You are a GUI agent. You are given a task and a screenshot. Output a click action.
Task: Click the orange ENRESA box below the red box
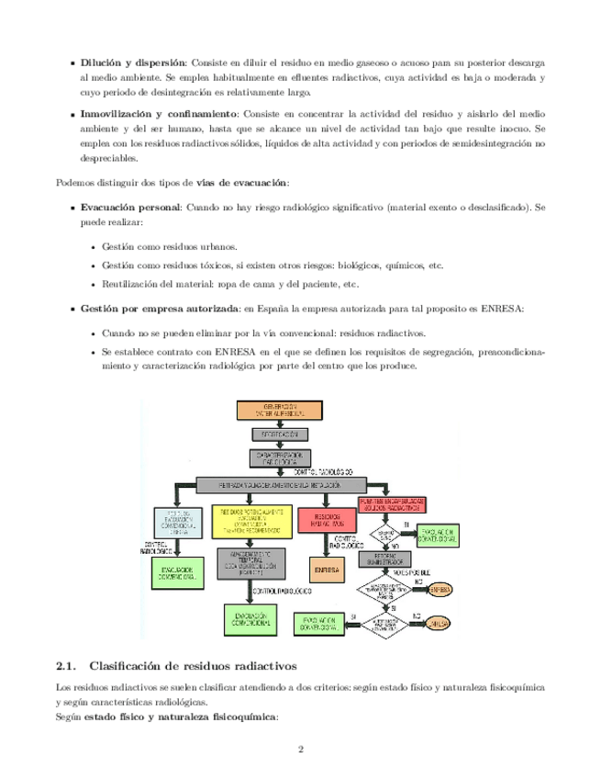tap(328, 570)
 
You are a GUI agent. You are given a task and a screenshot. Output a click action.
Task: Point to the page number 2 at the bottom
tap(300, 749)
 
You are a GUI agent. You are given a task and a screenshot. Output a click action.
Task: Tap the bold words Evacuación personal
tap(130, 209)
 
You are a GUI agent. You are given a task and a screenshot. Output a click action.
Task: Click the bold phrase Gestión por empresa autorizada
tap(160, 309)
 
